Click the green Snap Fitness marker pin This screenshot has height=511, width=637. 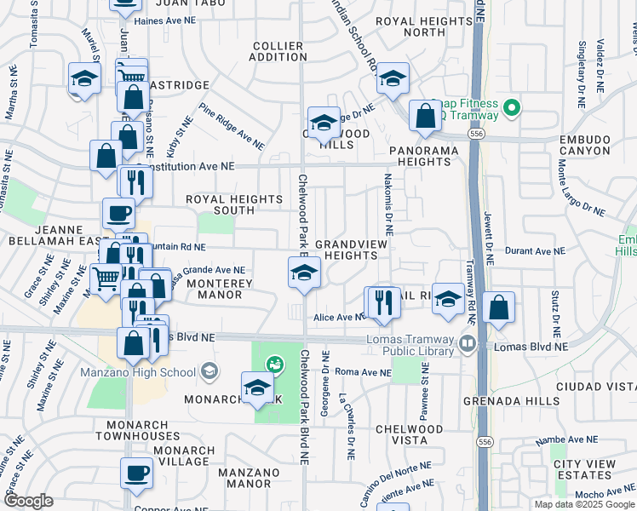coord(511,108)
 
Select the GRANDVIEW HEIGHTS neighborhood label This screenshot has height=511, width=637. coord(352,250)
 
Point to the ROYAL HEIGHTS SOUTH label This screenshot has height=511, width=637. coord(234,204)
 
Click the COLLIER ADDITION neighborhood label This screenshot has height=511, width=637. coord(277,51)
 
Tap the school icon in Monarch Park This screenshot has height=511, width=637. coord(257,388)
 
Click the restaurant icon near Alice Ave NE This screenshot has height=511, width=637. coord(382,301)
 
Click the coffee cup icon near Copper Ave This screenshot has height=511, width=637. coord(135,474)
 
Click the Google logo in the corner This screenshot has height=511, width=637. coord(28,501)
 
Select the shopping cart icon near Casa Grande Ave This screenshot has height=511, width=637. coord(106,278)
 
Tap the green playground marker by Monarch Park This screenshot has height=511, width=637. coord(274,365)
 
